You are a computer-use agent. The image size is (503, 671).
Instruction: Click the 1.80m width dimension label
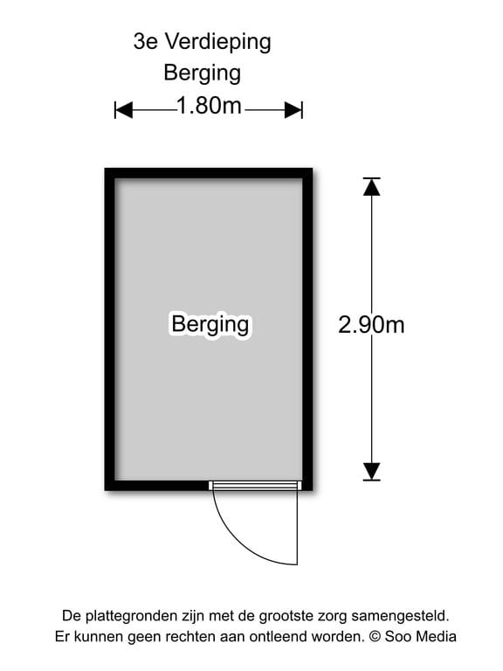(x=209, y=106)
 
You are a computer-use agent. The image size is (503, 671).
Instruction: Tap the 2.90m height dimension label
(x=371, y=324)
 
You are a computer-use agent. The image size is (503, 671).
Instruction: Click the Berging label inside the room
(x=210, y=325)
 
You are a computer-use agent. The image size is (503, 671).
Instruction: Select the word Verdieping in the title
(x=218, y=43)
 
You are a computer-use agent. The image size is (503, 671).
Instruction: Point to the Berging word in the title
(x=203, y=73)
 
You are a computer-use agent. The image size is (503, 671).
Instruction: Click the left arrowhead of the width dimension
(x=124, y=110)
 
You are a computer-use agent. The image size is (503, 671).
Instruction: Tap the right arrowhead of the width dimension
(x=293, y=110)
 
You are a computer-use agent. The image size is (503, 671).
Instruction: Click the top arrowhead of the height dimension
(x=372, y=187)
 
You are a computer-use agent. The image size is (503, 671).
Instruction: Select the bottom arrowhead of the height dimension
(x=372, y=472)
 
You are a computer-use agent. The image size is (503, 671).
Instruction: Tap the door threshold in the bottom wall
(x=255, y=485)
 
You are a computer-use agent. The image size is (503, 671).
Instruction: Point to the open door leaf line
(x=297, y=527)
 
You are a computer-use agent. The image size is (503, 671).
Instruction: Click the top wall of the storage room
(x=209, y=173)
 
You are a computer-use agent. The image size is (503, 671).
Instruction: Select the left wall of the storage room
(x=110, y=329)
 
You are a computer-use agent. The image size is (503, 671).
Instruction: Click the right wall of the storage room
(x=307, y=329)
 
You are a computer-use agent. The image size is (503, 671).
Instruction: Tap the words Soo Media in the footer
(x=420, y=636)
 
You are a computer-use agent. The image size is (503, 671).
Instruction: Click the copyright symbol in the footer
(x=375, y=637)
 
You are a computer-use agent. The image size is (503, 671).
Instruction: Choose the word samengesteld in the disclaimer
(x=400, y=617)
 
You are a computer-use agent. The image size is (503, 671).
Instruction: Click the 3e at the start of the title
(x=146, y=42)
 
